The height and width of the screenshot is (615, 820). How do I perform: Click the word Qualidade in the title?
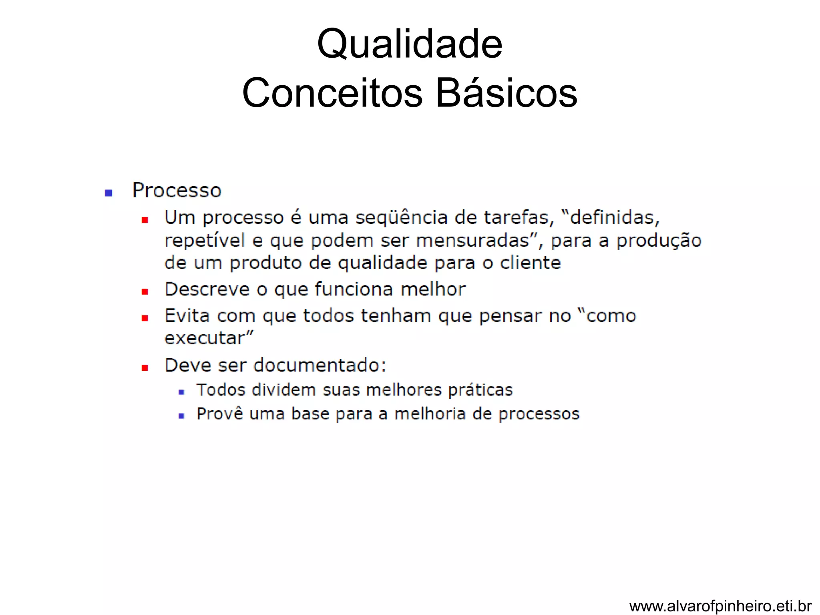point(409,44)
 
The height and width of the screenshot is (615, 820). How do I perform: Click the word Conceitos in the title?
point(332,93)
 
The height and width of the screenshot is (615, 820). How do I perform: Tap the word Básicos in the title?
point(506,93)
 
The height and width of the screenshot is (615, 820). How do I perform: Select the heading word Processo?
point(177,191)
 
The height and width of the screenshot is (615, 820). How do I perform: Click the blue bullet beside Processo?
point(108,193)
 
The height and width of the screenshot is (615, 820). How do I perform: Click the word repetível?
point(205,241)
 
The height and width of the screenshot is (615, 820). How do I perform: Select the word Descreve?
point(207,289)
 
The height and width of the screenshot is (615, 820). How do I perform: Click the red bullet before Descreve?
point(145,292)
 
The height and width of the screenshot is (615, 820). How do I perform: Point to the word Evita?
point(187,316)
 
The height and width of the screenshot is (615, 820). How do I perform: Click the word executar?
point(207,338)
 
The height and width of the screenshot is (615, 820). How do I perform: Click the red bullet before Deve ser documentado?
point(145,368)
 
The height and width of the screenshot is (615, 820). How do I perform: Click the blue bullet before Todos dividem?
point(181,392)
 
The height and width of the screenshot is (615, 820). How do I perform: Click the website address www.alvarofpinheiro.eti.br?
point(720,606)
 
